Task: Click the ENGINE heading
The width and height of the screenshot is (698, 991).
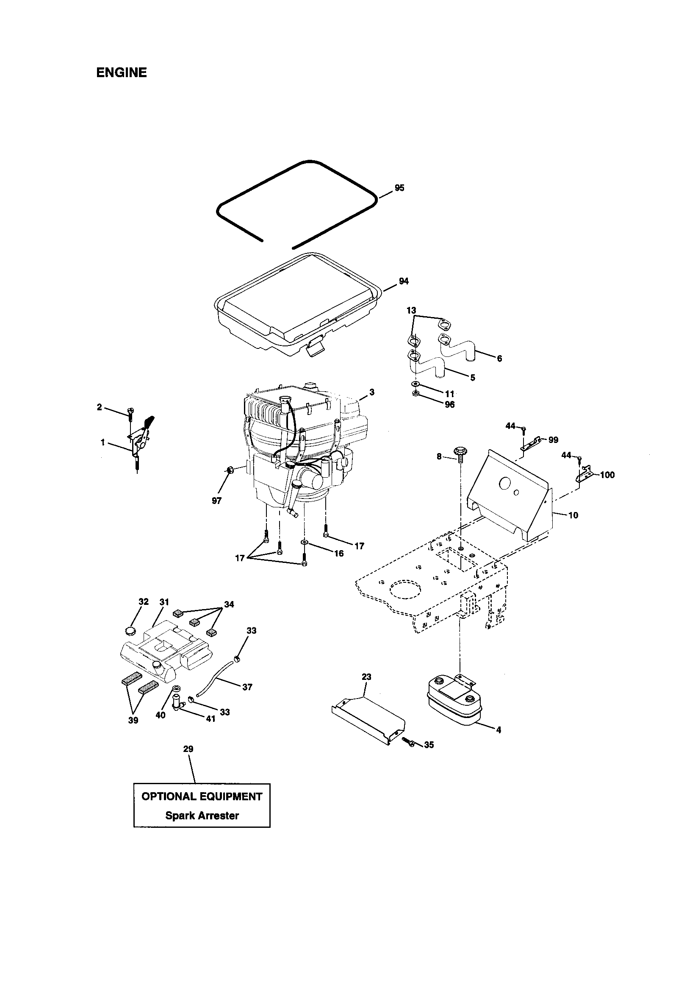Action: (121, 72)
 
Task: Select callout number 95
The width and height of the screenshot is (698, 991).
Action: (399, 188)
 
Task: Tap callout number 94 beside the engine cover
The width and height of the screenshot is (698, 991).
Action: (403, 281)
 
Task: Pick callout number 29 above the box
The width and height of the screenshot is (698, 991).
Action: (188, 749)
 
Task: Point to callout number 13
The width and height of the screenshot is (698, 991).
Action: (411, 310)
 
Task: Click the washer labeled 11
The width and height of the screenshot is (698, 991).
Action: (414, 384)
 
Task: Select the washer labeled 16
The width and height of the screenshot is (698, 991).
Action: (305, 542)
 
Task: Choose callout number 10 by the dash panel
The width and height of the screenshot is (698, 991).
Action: (573, 515)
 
